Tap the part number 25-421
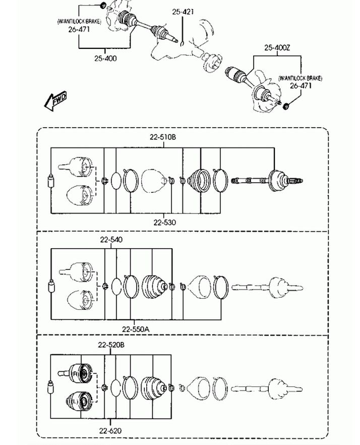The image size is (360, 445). (183, 12)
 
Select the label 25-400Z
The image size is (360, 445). (277, 47)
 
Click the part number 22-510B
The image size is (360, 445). (163, 137)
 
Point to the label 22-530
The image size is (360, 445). (164, 222)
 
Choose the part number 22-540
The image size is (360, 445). (111, 240)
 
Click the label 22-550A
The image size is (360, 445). (136, 329)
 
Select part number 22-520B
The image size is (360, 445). (111, 345)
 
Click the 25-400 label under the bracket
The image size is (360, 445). (105, 59)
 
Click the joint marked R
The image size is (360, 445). (77, 374)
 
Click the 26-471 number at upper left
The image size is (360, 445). (79, 29)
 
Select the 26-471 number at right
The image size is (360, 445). (301, 85)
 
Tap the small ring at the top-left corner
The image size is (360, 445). (103, 5)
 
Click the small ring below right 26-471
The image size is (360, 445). (286, 106)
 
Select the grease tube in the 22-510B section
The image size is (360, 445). (51, 181)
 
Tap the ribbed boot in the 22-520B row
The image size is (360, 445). (153, 388)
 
